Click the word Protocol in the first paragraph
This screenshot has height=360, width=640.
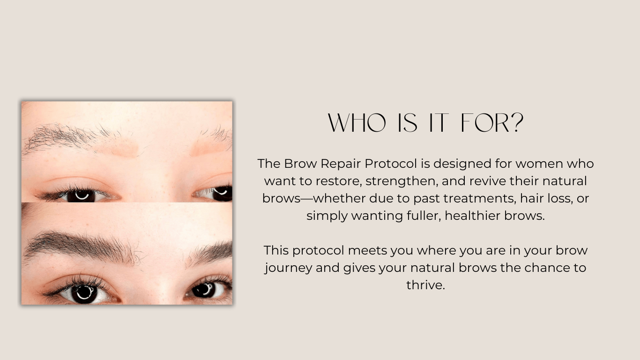tap(391, 164)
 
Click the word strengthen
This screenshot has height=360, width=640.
tap(402, 181)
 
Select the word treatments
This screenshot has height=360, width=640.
tap(479, 198)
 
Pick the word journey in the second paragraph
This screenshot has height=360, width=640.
tap(288, 268)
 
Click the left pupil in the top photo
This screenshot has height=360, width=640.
tap(82, 196)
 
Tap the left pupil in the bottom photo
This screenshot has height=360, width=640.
tap(85, 293)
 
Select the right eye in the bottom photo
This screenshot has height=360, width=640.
tap(208, 289)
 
